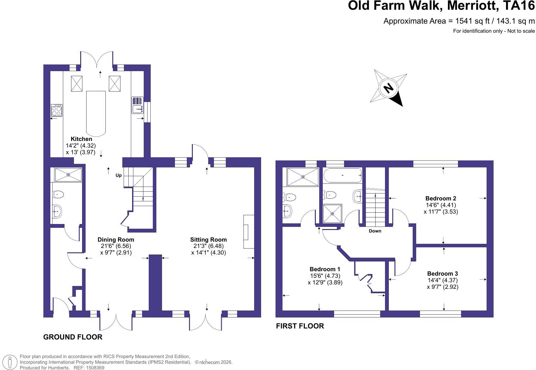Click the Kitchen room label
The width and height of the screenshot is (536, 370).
[81, 139]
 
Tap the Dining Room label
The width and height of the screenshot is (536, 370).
[116, 239]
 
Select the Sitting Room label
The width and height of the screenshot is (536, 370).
[209, 239]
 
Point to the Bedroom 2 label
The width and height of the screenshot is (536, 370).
[441, 199]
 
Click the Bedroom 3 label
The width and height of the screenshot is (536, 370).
[443, 273]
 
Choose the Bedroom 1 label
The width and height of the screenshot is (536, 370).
[325, 269]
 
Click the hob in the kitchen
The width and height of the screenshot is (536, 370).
[57, 110]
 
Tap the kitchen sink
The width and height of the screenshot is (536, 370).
[137, 105]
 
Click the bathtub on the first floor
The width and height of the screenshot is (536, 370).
[343, 176]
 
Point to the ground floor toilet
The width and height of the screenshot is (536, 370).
[58, 194]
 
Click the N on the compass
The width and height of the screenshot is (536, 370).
[388, 88]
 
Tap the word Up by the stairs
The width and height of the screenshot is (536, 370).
[119, 176]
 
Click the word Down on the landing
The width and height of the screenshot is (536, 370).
[375, 231]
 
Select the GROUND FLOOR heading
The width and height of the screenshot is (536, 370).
[73, 337]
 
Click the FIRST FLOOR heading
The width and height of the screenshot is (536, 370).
[300, 326]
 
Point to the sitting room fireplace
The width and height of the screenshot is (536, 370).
[249, 232]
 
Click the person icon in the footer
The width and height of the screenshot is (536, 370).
[9, 362]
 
